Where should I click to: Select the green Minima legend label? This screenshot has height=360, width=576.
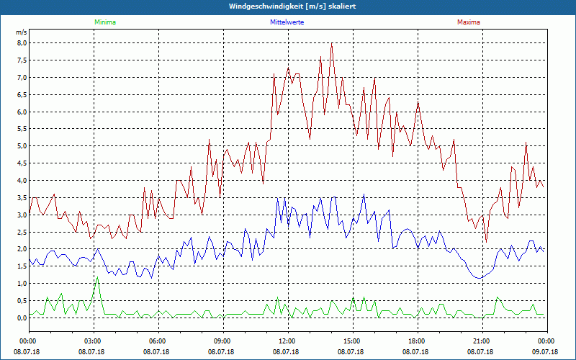[104, 22]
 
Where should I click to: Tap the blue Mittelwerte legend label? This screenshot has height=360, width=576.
[287, 22]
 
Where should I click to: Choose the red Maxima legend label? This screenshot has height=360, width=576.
[469, 22]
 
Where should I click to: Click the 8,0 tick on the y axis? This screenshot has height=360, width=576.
[21, 42]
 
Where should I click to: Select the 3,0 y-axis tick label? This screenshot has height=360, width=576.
[21, 215]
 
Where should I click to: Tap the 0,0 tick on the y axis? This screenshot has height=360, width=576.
[21, 318]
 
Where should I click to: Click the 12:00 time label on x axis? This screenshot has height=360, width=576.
[287, 341]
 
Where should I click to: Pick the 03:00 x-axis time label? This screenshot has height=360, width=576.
[93, 341]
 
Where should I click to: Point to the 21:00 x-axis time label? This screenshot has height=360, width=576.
[481, 341]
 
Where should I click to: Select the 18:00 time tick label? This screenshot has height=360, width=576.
[416, 341]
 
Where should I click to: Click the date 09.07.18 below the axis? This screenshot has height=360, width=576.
[546, 352]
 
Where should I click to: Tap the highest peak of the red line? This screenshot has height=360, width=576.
[331, 43]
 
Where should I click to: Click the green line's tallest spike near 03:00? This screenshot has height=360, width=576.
[97, 277]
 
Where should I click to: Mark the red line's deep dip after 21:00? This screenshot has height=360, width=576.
[486, 241]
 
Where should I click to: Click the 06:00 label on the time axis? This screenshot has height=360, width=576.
[158, 341]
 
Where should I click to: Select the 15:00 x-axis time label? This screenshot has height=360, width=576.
[351, 341]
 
